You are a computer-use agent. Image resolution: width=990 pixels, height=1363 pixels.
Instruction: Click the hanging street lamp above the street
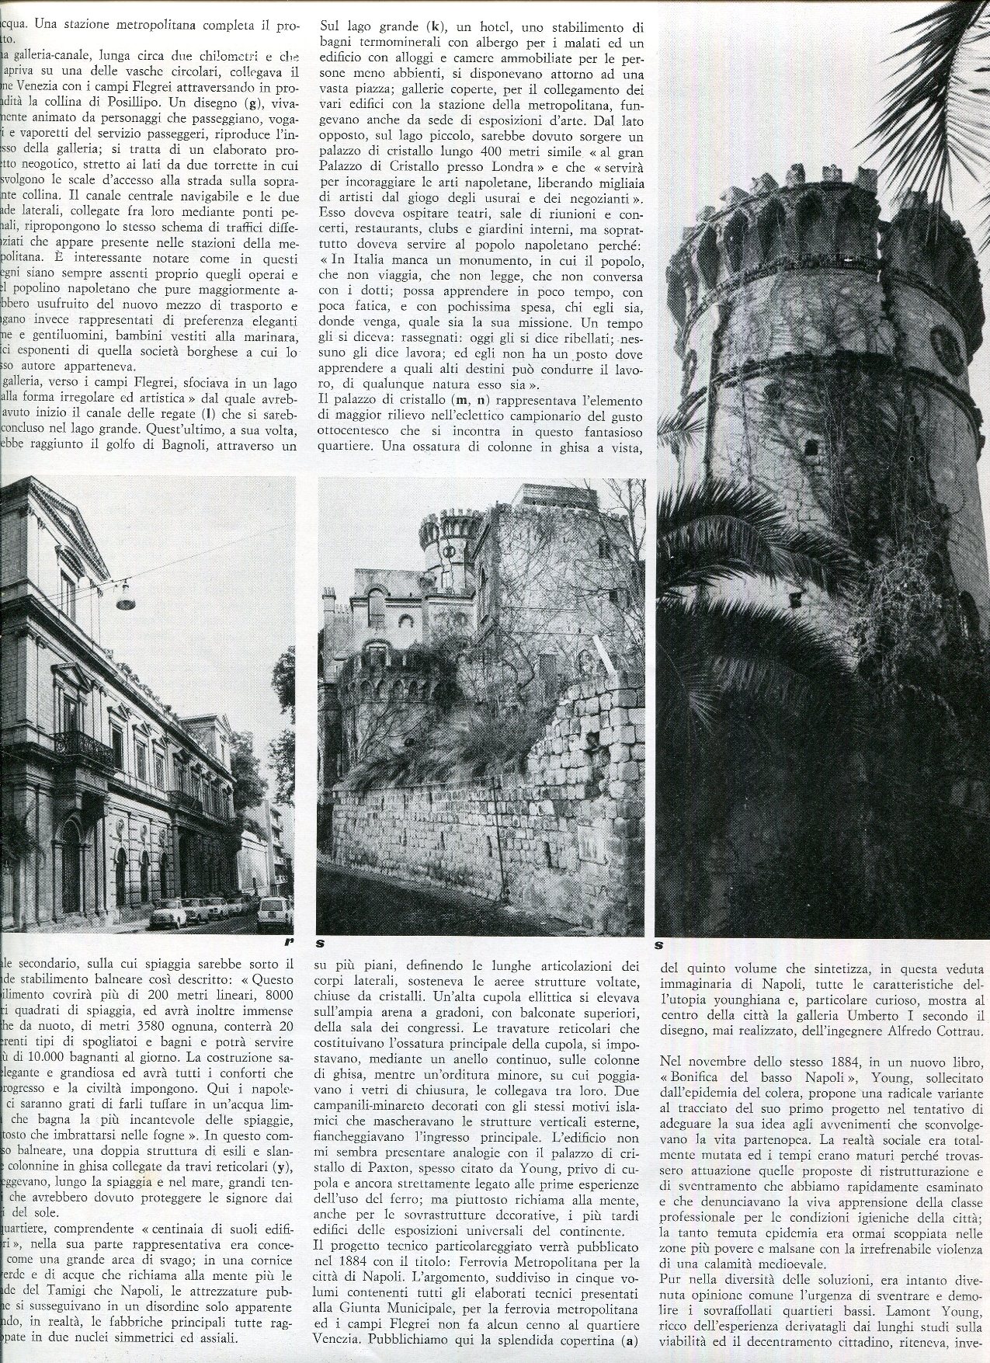pos(123,598)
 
